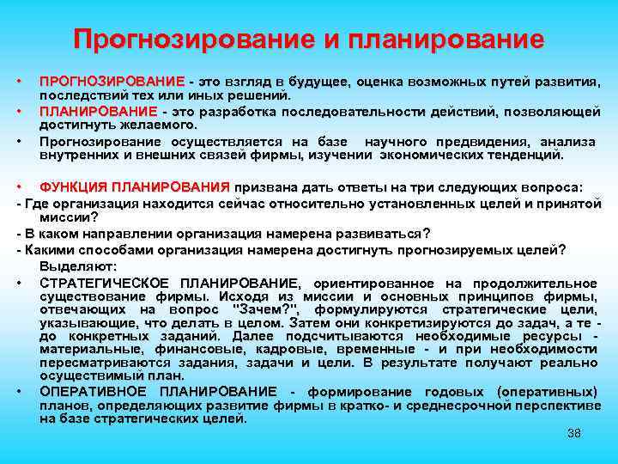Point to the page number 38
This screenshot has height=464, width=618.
coord(574,432)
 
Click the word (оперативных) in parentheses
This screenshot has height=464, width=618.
coord(547,392)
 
